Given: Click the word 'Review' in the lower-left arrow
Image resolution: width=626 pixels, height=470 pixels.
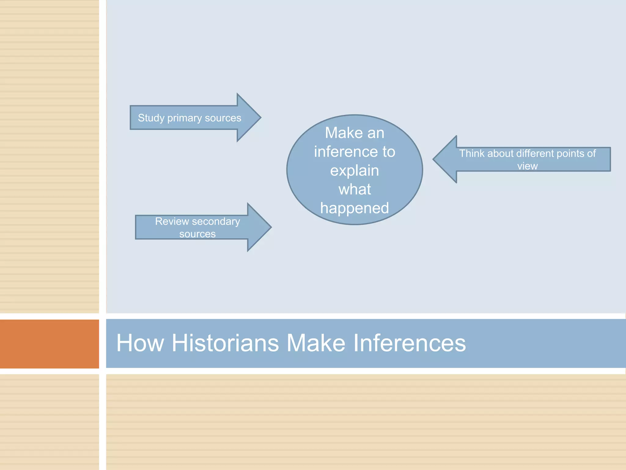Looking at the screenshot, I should (x=172, y=221).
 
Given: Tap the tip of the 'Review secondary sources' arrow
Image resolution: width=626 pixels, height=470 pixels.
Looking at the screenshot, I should (x=271, y=227).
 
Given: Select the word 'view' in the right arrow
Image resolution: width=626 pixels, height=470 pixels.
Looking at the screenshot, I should (x=527, y=166).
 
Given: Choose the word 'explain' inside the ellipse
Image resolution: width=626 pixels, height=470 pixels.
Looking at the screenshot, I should (x=355, y=171).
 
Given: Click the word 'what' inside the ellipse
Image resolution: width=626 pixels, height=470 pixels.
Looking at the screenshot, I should (x=355, y=189).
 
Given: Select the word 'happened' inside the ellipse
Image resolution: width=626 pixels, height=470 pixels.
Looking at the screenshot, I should (x=355, y=208).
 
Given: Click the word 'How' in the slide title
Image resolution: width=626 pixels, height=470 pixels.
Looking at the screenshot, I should (x=140, y=343).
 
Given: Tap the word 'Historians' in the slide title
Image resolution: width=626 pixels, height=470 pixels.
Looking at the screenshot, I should (x=225, y=343).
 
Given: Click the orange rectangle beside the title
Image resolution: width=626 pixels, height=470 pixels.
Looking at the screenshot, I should (x=50, y=344).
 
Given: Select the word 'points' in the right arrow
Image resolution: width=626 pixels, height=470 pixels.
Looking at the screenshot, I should (x=571, y=153).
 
